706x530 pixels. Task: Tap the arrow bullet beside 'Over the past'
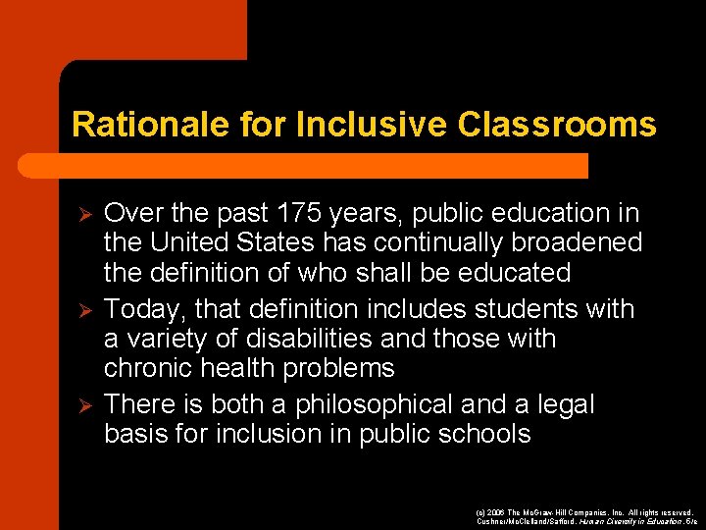point(84,214)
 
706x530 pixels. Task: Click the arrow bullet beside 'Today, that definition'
point(84,310)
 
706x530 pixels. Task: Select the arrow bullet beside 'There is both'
point(84,405)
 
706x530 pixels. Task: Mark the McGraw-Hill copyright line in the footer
point(583,512)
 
